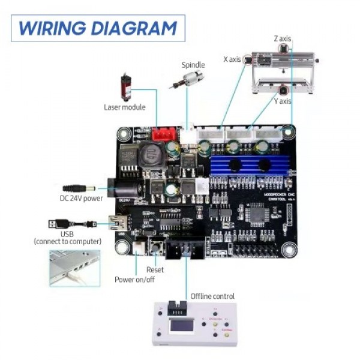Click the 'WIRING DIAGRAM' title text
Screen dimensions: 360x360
pos(98,28)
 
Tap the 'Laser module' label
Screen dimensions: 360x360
pos(125,107)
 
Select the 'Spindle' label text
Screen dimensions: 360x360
pos(193,65)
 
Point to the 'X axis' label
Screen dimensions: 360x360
pos(232,59)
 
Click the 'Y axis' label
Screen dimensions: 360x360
pos(283,101)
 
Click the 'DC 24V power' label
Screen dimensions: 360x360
pos(81,198)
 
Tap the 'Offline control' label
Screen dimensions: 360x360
pos(212,296)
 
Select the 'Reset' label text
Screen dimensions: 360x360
pos(155,270)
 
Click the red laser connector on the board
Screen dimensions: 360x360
pos(161,134)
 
